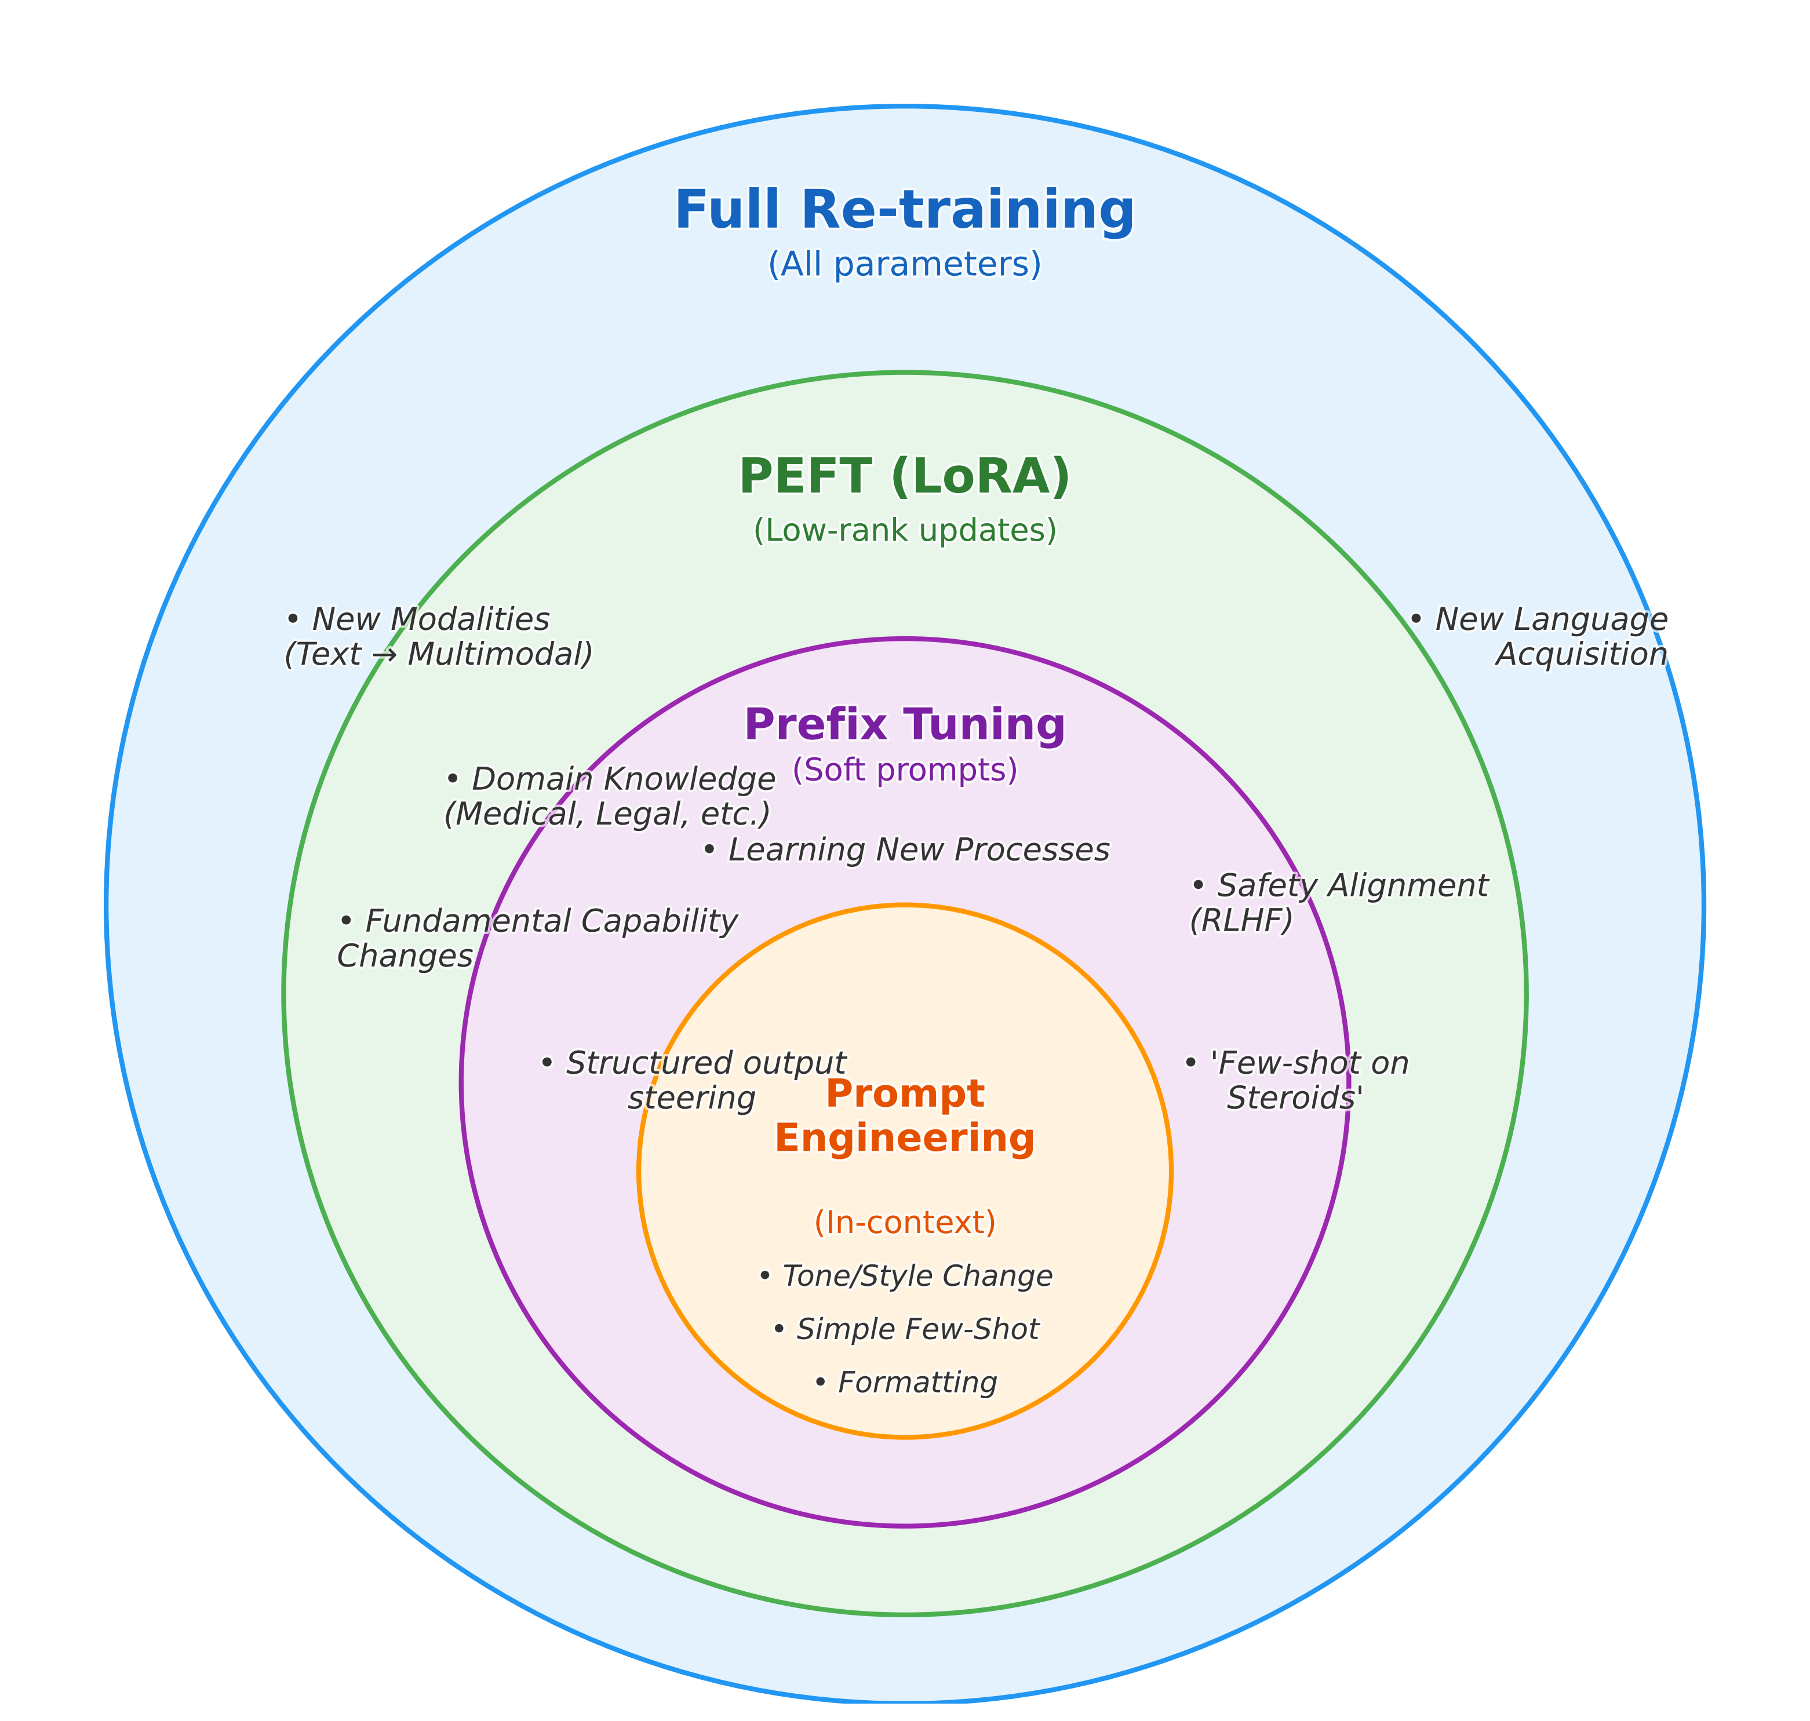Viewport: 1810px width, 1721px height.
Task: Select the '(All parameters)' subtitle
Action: coord(905,264)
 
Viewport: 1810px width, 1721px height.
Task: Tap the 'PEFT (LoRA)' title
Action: coord(905,477)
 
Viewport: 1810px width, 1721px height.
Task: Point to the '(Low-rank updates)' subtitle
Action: coord(905,530)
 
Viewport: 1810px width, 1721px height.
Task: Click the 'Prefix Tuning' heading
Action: coord(905,725)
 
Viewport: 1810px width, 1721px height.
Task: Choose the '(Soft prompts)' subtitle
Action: coord(905,770)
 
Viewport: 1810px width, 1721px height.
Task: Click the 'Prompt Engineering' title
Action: coord(905,1115)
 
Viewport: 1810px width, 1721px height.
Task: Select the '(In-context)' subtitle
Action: coord(905,1222)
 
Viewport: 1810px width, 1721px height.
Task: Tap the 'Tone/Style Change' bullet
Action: coord(905,1276)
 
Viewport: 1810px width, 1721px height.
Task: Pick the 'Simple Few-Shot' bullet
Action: coord(905,1329)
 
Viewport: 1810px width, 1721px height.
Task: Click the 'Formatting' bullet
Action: coord(905,1383)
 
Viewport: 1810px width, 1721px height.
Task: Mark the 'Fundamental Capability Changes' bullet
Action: coord(538,938)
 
